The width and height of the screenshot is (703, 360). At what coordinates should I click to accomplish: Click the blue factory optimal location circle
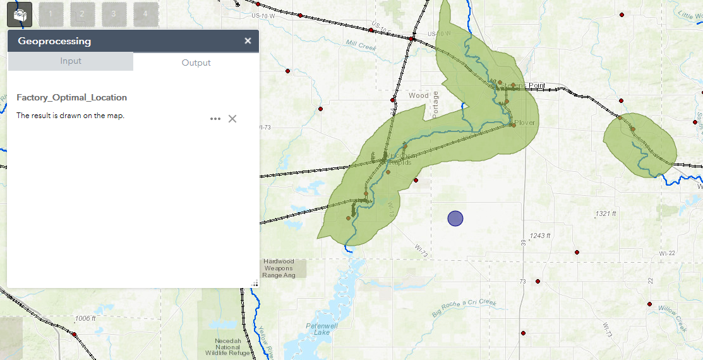tap(455, 219)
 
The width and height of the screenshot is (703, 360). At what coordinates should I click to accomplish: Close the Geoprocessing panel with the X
tap(248, 41)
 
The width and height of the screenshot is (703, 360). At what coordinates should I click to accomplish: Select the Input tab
tap(71, 61)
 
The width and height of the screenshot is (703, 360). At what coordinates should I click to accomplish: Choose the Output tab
tap(196, 63)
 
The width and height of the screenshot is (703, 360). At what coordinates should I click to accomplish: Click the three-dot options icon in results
tap(215, 119)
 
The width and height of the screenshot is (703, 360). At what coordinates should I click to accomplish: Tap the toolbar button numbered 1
tap(51, 14)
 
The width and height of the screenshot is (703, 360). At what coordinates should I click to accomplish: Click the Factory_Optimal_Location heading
tap(72, 98)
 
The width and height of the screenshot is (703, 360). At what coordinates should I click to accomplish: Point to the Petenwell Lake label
tap(317, 328)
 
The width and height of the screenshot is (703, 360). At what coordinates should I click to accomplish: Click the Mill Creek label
tap(361, 45)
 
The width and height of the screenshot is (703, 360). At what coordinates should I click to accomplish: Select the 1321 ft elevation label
tap(605, 214)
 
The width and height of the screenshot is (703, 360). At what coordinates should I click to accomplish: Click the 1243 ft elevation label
tap(540, 236)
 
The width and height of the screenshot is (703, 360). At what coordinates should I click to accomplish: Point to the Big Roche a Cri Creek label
tap(465, 308)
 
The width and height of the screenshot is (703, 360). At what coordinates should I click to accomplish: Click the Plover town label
tap(525, 122)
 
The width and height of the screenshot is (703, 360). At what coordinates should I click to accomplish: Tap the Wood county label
tap(418, 96)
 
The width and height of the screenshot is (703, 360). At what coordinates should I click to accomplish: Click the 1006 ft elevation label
tap(84, 318)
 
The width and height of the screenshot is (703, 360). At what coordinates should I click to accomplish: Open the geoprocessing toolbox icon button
tap(20, 14)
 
